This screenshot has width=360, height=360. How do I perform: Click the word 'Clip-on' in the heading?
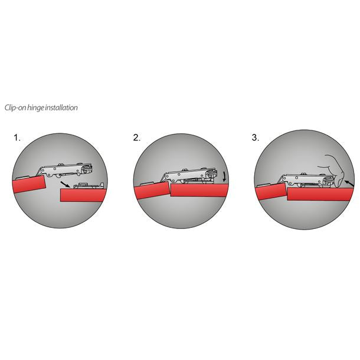pyautogui.click(x=16, y=108)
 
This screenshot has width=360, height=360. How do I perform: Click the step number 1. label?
pyautogui.click(x=17, y=138)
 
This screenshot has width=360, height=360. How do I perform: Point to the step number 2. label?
pyautogui.click(x=137, y=138)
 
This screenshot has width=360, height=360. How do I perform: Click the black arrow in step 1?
pyautogui.click(x=70, y=185)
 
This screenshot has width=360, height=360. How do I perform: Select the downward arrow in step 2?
pyautogui.click(x=224, y=177)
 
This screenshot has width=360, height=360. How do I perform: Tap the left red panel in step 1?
pyautogui.click(x=30, y=185)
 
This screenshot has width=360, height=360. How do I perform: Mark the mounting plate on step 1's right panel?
pyautogui.click(x=89, y=186)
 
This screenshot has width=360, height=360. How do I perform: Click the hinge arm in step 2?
pyautogui.click(x=189, y=175)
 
